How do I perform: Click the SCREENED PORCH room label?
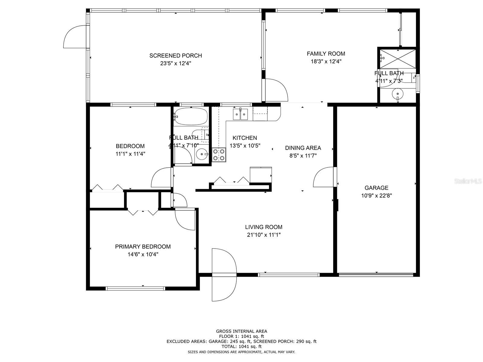pyautogui.click(x=175, y=56)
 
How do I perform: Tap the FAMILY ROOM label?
pyautogui.click(x=326, y=54)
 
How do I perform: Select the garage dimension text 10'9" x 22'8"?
pyautogui.click(x=376, y=195)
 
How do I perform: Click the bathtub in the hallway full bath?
pyautogui.click(x=191, y=116)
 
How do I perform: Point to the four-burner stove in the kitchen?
pyautogui.click(x=219, y=155)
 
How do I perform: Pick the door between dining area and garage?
pyautogui.click(x=325, y=177)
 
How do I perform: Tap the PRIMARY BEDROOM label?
pyautogui.click(x=143, y=246)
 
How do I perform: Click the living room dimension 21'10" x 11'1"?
pyautogui.click(x=264, y=235)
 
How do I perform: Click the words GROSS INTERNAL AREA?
pyautogui.click(x=241, y=331)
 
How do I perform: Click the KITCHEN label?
pyautogui.click(x=245, y=138)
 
